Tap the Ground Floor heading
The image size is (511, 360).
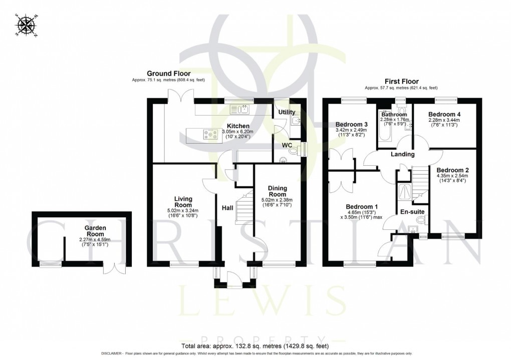click(168, 74)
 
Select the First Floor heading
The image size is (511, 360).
click(401, 81)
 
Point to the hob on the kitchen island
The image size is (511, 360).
click(208, 134)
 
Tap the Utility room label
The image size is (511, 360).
click(287, 112)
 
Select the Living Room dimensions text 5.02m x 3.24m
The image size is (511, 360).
click(183, 211)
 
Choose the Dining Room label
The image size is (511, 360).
click(277, 191)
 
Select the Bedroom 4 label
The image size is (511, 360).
click(444, 114)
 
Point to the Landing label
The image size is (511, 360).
click(403, 154)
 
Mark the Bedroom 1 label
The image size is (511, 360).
click(362, 206)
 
